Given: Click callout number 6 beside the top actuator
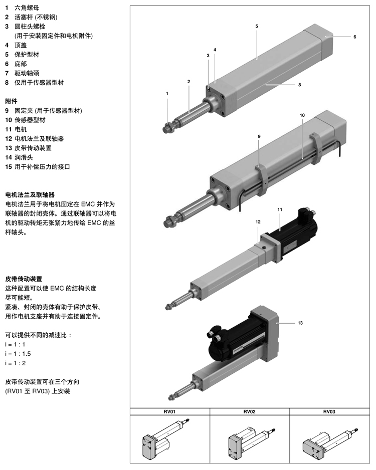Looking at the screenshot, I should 354,37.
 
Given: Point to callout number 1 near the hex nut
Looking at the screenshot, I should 167,94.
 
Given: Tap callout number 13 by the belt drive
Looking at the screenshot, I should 300,323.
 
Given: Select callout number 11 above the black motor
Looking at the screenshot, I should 280,209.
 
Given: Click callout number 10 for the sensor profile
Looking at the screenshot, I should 302,115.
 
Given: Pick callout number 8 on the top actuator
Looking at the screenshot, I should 299,85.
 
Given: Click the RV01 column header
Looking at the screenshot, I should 169,412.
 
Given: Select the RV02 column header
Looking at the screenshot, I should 249,412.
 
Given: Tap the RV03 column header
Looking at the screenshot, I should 329,412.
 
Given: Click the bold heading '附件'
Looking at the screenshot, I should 11,101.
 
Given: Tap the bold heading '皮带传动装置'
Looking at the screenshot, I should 24,279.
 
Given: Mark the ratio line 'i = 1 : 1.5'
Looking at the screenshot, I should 22,354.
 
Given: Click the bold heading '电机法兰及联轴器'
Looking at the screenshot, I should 30,194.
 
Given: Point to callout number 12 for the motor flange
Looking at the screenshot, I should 258,221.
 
